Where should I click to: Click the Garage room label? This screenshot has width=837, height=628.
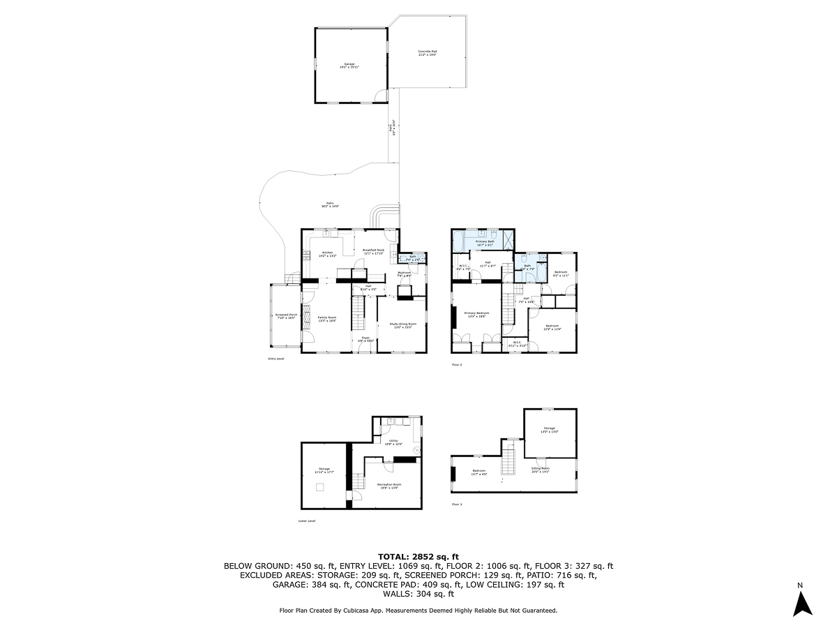pos(349,66)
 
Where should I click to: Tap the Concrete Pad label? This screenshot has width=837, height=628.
pos(428,52)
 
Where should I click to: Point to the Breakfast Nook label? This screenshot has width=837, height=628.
pos(373,251)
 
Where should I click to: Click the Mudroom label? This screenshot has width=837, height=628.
pos(405,274)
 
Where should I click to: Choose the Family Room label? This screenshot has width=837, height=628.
pos(327,318)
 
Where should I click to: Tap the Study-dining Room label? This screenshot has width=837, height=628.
pos(402,325)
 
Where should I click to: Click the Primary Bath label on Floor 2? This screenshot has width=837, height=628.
pos(485,243)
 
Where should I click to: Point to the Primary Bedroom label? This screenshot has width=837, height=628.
pos(478,315)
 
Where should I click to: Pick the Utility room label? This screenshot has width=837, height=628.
pos(394,442)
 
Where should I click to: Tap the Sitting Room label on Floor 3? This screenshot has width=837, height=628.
pos(541,470)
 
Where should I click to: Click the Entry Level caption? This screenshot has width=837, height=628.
pos(276,359)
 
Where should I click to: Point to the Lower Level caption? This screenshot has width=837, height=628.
pos(307,521)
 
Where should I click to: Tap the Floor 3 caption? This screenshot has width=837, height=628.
pos(457,504)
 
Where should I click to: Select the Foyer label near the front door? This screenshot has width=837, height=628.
pos(365,341)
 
